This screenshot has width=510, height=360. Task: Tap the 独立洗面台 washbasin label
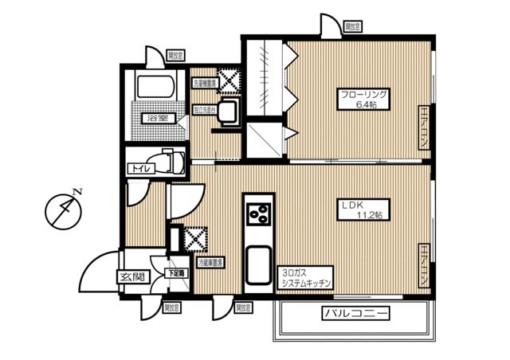(x=205, y=109)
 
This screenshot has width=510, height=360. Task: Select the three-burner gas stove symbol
(x=259, y=213)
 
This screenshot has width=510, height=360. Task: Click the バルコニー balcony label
(x=356, y=314)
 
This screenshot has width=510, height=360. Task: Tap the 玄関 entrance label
(x=133, y=276)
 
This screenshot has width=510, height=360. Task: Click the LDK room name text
(x=353, y=205)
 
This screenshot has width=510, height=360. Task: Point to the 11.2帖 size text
(x=368, y=215)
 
